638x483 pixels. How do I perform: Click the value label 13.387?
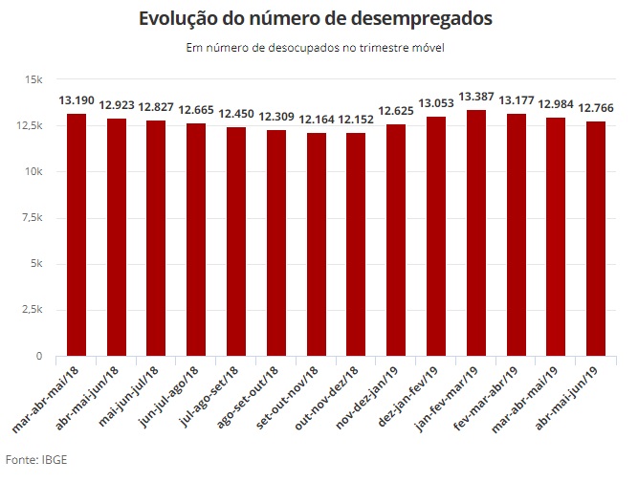(x=476, y=97)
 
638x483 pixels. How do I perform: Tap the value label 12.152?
(x=357, y=120)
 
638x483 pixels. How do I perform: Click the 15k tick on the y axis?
(x=34, y=79)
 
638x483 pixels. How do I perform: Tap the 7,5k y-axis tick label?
(x=32, y=218)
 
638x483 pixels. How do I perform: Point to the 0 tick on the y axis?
(x=39, y=356)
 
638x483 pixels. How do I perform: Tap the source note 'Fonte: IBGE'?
(x=36, y=460)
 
